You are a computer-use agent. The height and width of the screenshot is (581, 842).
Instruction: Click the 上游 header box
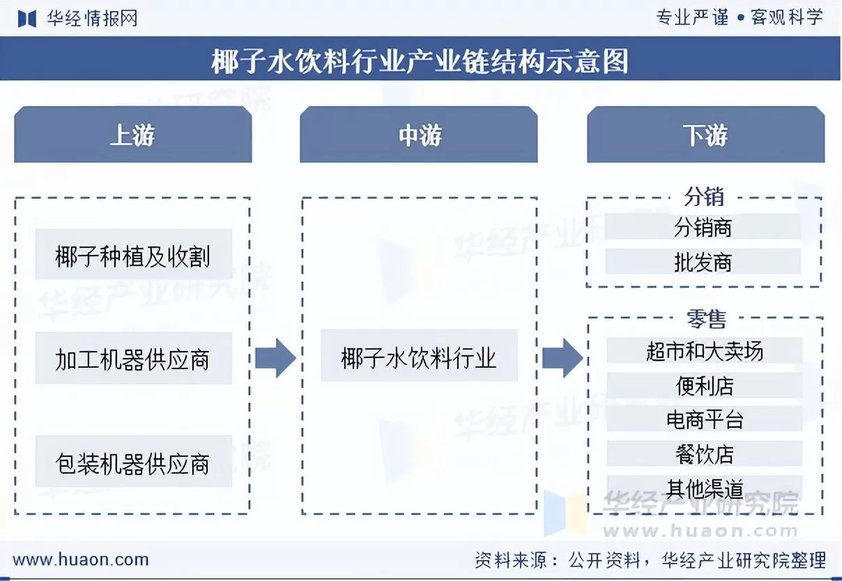(132, 135)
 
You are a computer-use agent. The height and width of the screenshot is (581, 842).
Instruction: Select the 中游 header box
(419, 135)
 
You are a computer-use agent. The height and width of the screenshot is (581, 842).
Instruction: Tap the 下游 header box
(705, 135)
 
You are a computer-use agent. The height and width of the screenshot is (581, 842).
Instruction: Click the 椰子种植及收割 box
(133, 256)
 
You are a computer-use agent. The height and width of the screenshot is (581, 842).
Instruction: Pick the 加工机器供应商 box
(133, 360)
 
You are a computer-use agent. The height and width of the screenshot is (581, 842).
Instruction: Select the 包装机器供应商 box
(133, 463)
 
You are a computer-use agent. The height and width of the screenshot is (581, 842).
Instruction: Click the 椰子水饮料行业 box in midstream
(419, 358)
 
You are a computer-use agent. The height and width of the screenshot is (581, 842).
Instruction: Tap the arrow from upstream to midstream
(275, 358)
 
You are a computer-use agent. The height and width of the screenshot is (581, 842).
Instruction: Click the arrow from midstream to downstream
(562, 358)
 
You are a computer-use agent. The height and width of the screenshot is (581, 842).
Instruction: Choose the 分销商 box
(703, 227)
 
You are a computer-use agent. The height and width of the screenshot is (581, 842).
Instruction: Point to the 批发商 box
(703, 262)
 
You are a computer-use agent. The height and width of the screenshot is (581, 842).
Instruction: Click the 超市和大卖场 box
(704, 351)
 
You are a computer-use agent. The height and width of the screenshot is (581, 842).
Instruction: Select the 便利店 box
(704, 385)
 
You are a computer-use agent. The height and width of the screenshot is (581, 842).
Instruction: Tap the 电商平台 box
(704, 419)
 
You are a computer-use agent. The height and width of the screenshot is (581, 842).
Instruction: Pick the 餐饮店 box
(704, 454)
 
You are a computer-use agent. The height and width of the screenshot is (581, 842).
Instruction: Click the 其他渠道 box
(704, 488)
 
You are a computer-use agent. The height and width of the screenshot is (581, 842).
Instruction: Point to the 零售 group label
(706, 319)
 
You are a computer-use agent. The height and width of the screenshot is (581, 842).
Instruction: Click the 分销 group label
(704, 197)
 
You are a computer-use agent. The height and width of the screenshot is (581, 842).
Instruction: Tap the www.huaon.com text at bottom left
(81, 559)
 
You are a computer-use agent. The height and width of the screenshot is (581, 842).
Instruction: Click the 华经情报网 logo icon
(26, 18)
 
